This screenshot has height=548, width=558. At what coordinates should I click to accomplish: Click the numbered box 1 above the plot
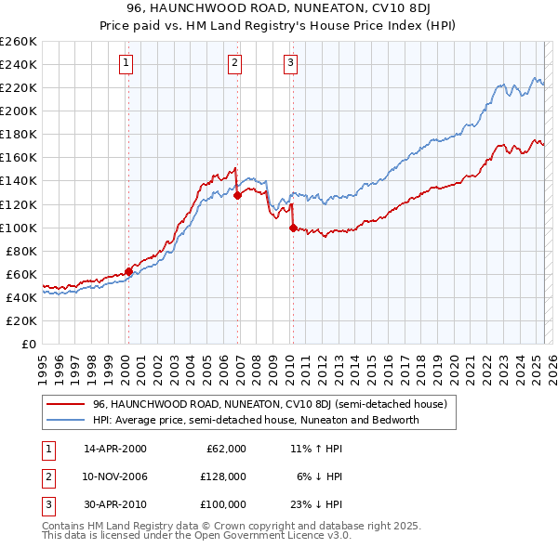(x=126, y=63)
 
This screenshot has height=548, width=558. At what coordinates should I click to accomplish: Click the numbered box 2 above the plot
(x=234, y=63)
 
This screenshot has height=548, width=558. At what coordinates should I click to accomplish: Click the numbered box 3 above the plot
(x=290, y=63)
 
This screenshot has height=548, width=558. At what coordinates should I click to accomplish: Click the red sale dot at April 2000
(x=128, y=271)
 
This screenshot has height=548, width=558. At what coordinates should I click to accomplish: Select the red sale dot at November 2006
(x=237, y=195)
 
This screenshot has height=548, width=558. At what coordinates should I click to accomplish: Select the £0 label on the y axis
(x=28, y=344)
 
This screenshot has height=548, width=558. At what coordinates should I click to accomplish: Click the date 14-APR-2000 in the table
(x=115, y=449)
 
